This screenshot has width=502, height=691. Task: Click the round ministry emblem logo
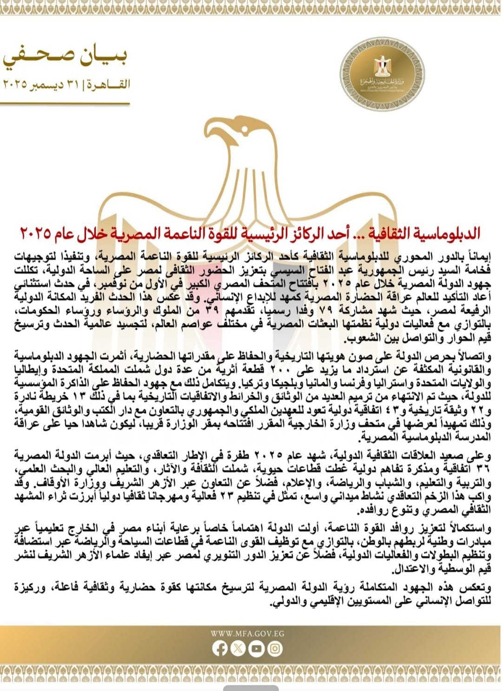point(382,75)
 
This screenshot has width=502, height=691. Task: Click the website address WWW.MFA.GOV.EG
point(247,633)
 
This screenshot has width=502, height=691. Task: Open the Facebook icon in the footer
point(219,649)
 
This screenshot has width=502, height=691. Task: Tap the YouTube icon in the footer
point(256,649)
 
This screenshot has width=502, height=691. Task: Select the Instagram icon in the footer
point(275,649)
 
